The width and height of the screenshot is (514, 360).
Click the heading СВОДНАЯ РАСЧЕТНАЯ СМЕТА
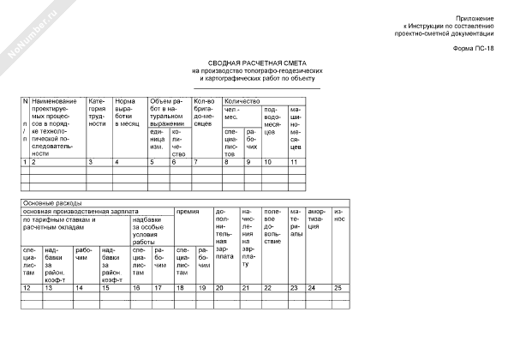pyautogui.click(x=257, y=63)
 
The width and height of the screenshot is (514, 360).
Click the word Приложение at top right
pyautogui.click(x=475, y=18)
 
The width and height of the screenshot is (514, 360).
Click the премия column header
pyautogui.click(x=188, y=210)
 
